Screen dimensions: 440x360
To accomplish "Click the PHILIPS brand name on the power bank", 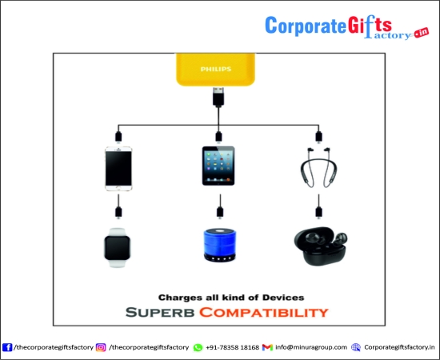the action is [x=216, y=69].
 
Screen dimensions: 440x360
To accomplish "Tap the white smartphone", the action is [x=118, y=169].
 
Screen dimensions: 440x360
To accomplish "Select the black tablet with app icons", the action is [x=218, y=166].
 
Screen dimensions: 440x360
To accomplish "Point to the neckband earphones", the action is [x=318, y=168].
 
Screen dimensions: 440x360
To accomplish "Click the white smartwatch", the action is [x=118, y=248].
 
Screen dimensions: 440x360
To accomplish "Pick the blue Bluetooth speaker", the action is [x=220, y=245].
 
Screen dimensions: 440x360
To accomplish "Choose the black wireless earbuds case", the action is [x=321, y=246].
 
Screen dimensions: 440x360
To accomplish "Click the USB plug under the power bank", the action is [x=218, y=97].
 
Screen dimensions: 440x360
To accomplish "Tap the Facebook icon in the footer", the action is [x=7, y=347].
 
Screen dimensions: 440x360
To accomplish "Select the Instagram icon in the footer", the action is [x=101, y=347].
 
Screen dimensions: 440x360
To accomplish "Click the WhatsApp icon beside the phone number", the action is [x=198, y=347].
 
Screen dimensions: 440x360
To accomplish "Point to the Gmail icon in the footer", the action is [x=267, y=347].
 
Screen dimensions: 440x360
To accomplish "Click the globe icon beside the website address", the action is [x=356, y=347].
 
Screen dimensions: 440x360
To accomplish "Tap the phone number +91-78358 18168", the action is [x=232, y=347].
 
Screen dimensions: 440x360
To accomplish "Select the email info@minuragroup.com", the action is [x=311, y=347].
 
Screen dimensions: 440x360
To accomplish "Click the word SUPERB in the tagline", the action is [x=160, y=312].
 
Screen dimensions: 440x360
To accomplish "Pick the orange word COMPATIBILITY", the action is [x=264, y=312].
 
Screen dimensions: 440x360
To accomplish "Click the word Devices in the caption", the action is [x=283, y=298].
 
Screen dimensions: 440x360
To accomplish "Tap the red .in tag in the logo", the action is [x=422, y=33].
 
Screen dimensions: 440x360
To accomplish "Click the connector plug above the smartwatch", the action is [x=118, y=212].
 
